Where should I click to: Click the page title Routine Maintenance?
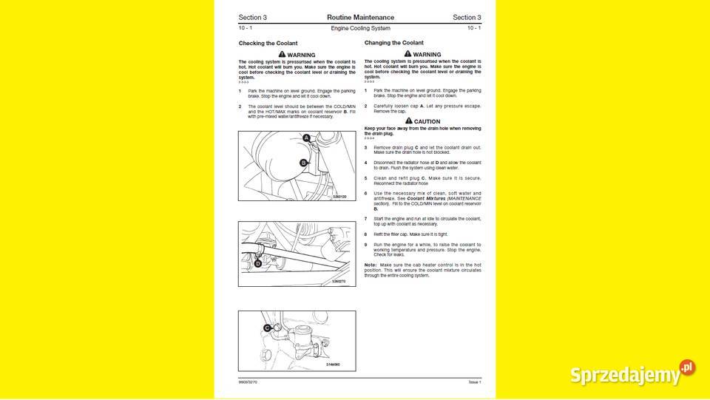pyautogui.click(x=360, y=17)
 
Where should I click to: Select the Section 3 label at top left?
pyautogui.click(x=252, y=17)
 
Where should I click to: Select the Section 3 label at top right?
pyautogui.click(x=467, y=17)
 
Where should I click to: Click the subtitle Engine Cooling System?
pyautogui.click(x=360, y=28)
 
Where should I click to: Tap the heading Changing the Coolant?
pyautogui.click(x=394, y=43)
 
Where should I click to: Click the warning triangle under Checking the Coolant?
pyautogui.click(x=283, y=55)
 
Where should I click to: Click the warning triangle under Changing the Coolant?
pyautogui.click(x=408, y=54)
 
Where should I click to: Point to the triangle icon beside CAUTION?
pyautogui.click(x=408, y=121)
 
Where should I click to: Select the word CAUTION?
pyautogui.click(x=427, y=122)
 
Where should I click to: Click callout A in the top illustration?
pyautogui.click(x=306, y=138)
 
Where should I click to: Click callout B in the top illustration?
pyautogui.click(x=303, y=163)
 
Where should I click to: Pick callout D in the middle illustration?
pyautogui.click(x=258, y=263)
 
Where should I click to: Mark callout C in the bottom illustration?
pyautogui.click(x=266, y=328)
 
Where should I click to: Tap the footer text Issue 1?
pyautogui.click(x=474, y=382)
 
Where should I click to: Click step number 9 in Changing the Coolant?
pyautogui.click(x=365, y=245)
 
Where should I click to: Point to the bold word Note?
pyautogui.click(x=370, y=264)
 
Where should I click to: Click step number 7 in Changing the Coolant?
pyautogui.click(x=365, y=219)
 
